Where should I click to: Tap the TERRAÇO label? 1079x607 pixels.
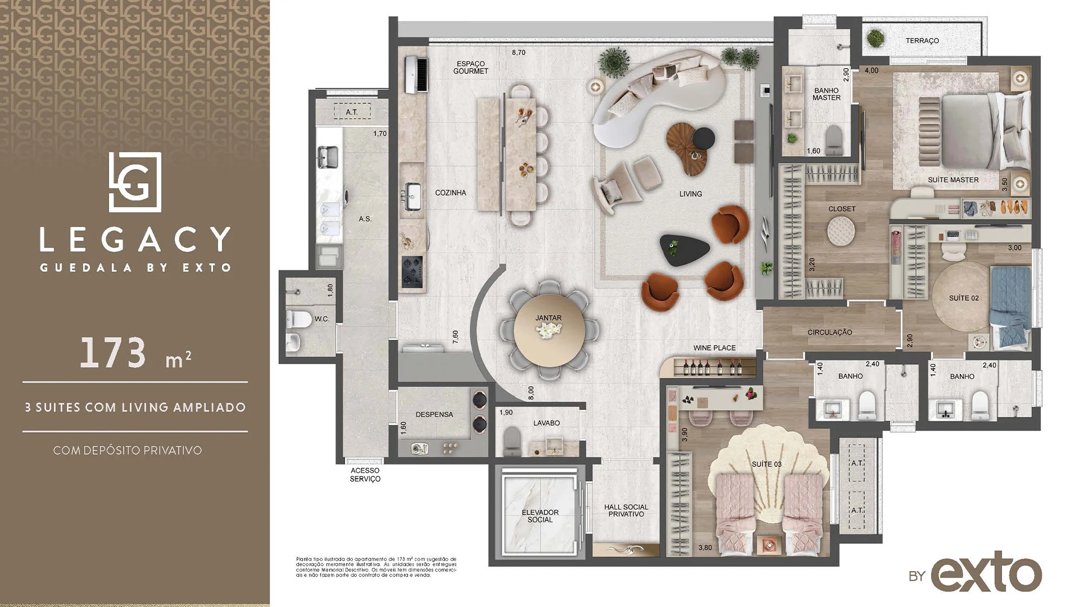pos(922,40)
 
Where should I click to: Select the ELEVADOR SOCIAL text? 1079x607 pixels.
pos(539,516)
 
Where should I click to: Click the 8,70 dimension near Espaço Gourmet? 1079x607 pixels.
pos(518,52)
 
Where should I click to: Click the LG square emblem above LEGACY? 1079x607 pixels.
pos(135,182)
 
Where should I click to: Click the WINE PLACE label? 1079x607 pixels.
pos(714,348)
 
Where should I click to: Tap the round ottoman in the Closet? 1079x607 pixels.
pos(841,230)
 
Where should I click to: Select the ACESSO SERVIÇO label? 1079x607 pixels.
pos(365,475)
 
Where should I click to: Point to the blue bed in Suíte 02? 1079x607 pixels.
pos(1010,307)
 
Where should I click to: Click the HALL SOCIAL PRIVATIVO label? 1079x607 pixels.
pos(626,510)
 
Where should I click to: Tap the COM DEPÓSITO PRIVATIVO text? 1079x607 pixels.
pos(128,450)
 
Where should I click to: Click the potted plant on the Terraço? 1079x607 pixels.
pos(874,39)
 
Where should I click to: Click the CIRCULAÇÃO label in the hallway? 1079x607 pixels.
pos(829,332)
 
